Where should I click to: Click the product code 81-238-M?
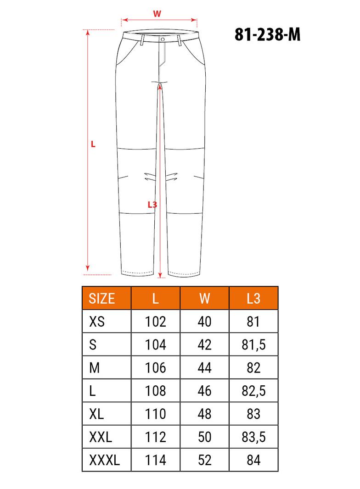(267, 34)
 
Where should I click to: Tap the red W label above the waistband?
(157, 14)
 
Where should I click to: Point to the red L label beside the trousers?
(93, 144)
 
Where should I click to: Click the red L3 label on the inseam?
(152, 205)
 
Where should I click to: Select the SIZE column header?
(102, 299)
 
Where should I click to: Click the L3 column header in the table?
(253, 299)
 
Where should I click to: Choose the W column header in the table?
(205, 299)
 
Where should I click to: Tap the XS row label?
(96, 322)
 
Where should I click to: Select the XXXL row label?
(104, 460)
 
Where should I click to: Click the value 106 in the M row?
(156, 368)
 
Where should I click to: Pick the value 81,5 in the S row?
(253, 345)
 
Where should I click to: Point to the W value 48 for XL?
(205, 414)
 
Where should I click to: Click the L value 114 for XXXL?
(156, 460)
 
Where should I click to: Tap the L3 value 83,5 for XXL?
(253, 437)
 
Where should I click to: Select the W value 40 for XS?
(205, 322)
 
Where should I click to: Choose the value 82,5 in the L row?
(253, 391)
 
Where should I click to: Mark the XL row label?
(96, 414)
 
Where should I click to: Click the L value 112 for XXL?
(156, 437)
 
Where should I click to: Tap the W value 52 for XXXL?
(205, 460)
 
